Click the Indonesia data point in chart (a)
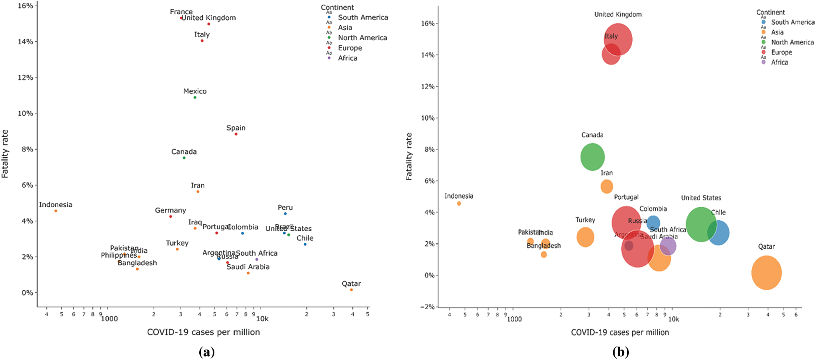[56, 211]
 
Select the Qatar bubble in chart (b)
[766, 273]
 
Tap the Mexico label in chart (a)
[195, 91]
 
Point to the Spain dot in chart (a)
[236, 134]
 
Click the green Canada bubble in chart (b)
[592, 157]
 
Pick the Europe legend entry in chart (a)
[350, 48]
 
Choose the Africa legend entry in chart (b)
[779, 62]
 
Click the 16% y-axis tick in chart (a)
[26, 6]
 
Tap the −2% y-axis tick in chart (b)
[428, 307]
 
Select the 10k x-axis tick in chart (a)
[262, 318]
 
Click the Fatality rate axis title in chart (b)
[409, 157]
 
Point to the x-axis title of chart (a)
[203, 332]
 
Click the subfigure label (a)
[206, 352]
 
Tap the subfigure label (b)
[620, 352]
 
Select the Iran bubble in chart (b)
[607, 186]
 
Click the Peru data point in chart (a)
[285, 214]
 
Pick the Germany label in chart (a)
[170, 210]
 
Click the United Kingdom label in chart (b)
[618, 15]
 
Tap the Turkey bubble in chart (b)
[585, 237]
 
